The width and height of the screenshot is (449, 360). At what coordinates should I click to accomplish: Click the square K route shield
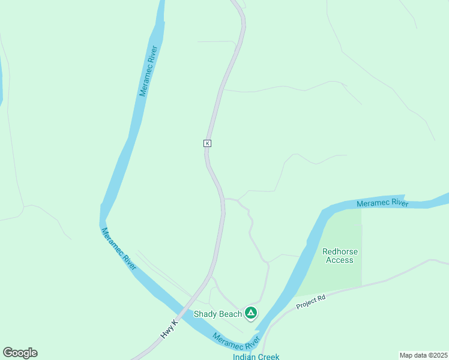pyautogui.click(x=207, y=143)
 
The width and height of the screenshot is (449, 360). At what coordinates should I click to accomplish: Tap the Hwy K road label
pyautogui.click(x=170, y=329)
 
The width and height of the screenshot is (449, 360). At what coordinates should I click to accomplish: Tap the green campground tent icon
pyautogui.click(x=251, y=313)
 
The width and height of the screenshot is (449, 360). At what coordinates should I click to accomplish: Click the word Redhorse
pyautogui.click(x=339, y=252)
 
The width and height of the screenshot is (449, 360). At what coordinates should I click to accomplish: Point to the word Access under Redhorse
pyautogui.click(x=339, y=260)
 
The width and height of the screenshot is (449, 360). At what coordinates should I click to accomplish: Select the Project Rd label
pyautogui.click(x=311, y=302)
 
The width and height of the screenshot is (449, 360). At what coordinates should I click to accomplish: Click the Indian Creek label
pyautogui.click(x=256, y=356)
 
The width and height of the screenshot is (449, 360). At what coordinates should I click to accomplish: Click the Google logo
pyautogui.click(x=20, y=353)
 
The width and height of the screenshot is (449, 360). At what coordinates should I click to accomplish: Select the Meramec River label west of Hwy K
pyautogui.click(x=118, y=248)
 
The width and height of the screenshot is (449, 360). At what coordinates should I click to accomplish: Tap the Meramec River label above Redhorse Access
pyautogui.click(x=382, y=203)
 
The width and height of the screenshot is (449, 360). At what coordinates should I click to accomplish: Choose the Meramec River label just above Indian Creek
pyautogui.click(x=236, y=341)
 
